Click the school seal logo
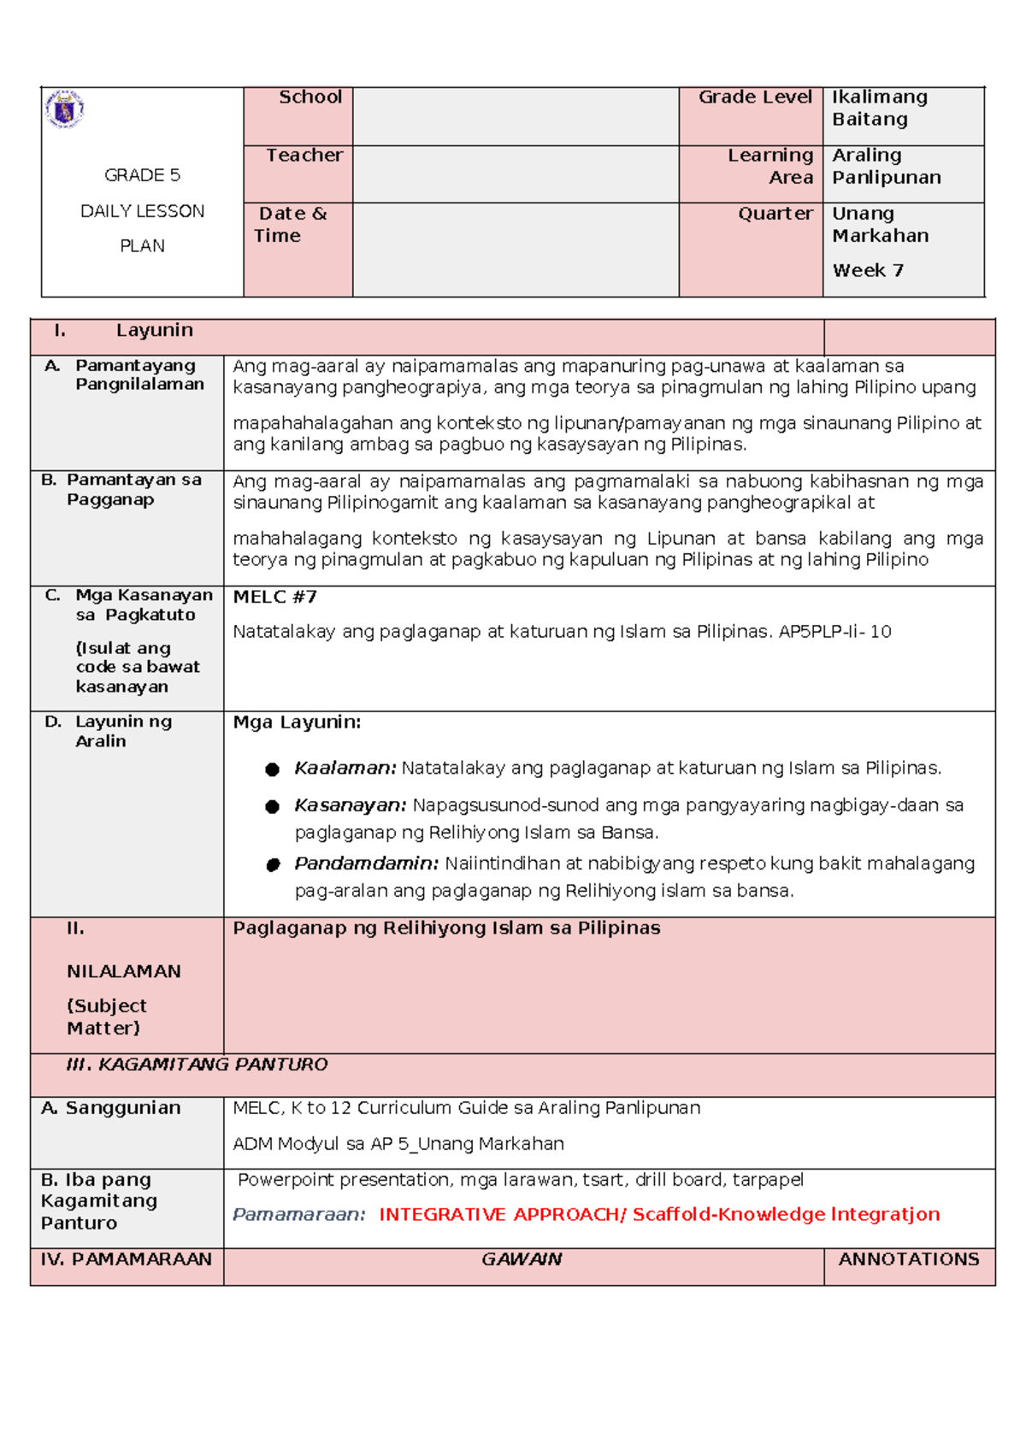tap(64, 109)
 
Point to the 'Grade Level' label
tap(754, 97)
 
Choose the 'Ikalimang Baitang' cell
tap(880, 109)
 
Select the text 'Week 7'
tap(867, 271)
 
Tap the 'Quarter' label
tap(775, 214)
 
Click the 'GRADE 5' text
tap(142, 175)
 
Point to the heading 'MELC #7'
tap(274, 597)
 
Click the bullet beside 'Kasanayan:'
tap(273, 806)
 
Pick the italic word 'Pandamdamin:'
tap(366, 864)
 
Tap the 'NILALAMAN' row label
tap(124, 972)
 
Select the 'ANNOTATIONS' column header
tap(908, 1259)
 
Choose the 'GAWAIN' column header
tap(522, 1259)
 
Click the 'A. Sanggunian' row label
tap(111, 1108)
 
